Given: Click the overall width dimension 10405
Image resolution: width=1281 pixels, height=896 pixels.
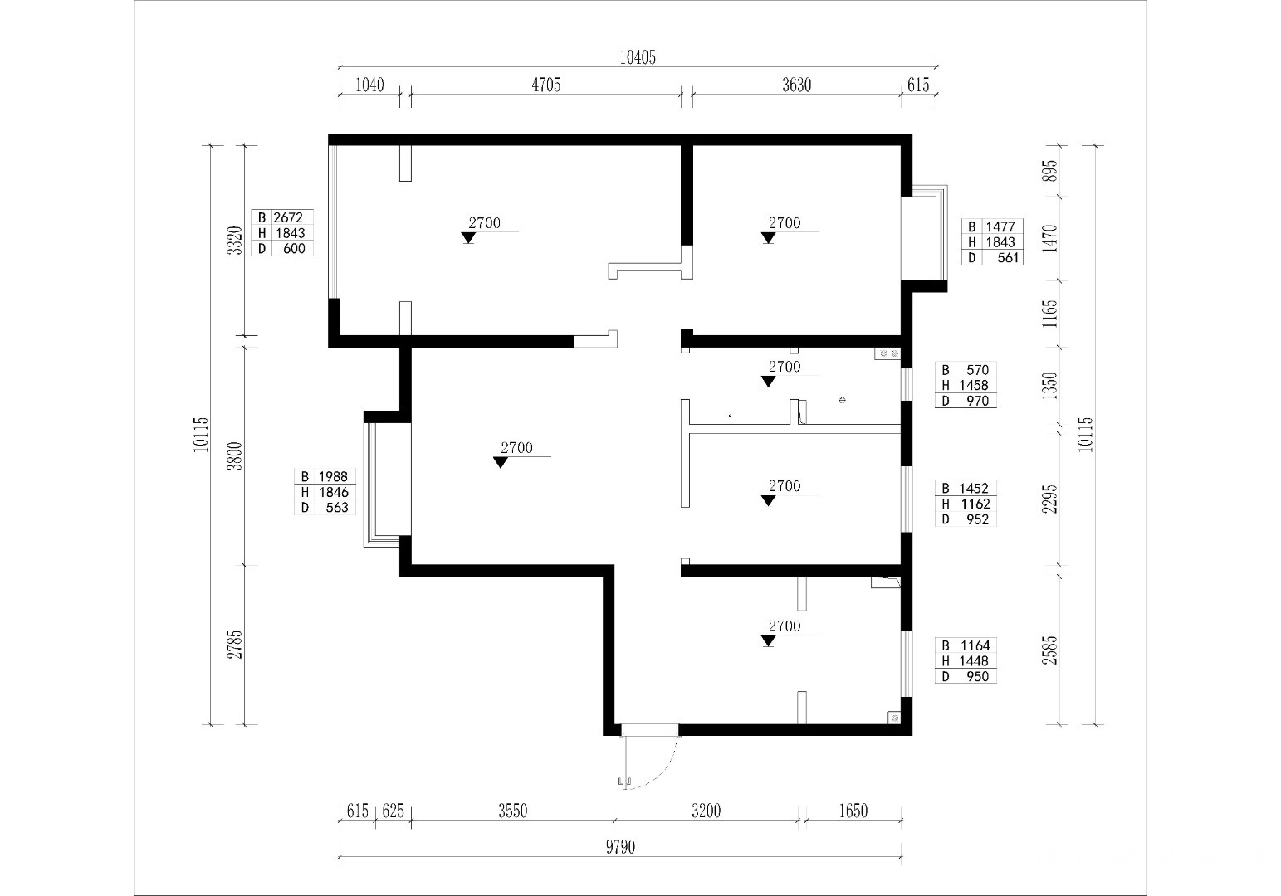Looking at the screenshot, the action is [x=638, y=58].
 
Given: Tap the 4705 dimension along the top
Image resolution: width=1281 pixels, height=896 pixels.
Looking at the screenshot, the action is [x=546, y=85].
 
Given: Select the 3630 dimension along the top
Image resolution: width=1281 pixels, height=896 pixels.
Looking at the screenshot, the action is [x=797, y=85].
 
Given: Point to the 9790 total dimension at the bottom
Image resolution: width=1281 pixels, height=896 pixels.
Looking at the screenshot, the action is [x=620, y=847].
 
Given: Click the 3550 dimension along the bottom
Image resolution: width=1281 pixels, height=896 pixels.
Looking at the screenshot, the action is [x=512, y=811].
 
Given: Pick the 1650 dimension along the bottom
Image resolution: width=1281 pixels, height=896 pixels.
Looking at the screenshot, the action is [x=853, y=811].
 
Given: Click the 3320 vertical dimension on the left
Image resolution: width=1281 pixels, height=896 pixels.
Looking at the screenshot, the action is [x=235, y=241].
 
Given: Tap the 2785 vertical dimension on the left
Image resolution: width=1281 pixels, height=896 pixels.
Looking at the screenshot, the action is [x=235, y=645].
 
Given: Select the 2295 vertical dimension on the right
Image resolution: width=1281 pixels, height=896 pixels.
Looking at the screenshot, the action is [x=1050, y=499].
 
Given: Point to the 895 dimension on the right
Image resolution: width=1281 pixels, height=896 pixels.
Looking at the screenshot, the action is [x=1050, y=171].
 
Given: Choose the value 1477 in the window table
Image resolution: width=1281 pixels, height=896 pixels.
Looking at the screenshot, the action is [x=1000, y=226].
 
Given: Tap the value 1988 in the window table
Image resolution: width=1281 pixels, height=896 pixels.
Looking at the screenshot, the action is [x=333, y=476].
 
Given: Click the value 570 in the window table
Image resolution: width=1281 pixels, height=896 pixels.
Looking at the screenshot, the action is [x=977, y=370].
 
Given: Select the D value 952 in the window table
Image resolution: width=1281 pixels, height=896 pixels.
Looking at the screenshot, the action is [x=977, y=519].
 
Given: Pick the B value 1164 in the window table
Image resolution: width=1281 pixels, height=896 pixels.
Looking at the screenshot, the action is [x=975, y=645].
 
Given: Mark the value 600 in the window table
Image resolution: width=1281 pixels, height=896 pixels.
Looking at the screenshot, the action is [x=294, y=249].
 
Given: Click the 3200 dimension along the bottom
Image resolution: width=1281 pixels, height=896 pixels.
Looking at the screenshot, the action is [x=706, y=811].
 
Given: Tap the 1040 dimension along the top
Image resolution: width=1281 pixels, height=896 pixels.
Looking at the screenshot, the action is [x=369, y=85].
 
